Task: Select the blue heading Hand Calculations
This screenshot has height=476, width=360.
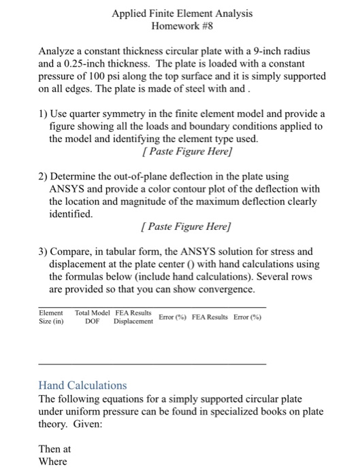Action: click(82, 385)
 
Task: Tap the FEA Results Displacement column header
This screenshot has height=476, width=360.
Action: click(133, 317)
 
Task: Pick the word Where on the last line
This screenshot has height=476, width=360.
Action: click(53, 462)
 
